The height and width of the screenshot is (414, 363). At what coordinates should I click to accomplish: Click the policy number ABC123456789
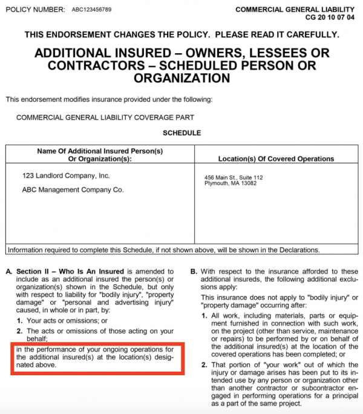[87, 10]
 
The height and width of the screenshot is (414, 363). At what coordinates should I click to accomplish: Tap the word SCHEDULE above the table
[181, 133]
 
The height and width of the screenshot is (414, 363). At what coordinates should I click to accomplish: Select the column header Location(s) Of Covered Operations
[275, 159]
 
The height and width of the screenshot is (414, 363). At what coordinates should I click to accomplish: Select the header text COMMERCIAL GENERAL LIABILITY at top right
[295, 10]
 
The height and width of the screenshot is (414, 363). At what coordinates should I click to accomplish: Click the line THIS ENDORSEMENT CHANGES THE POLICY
[181, 34]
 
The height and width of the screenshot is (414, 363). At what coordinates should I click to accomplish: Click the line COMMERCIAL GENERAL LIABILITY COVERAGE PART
[105, 117]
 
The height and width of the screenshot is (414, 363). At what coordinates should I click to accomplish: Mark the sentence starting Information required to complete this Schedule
[163, 249]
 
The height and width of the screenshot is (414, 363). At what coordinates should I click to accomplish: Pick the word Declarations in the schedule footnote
[298, 249]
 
